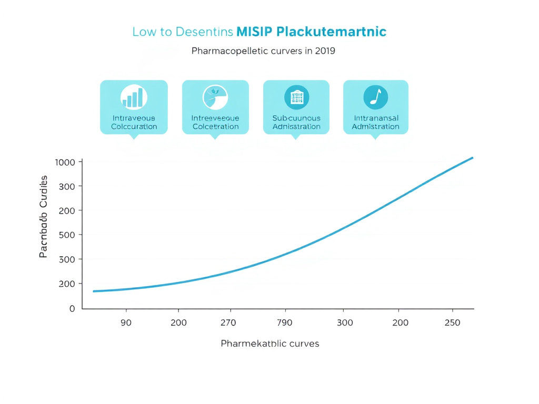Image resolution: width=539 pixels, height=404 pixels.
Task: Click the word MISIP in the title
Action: (254, 32)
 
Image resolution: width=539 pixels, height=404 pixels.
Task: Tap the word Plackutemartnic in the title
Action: (331, 32)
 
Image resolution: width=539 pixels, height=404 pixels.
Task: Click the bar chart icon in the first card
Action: (134, 97)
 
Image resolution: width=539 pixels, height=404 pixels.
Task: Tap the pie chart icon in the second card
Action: (215, 97)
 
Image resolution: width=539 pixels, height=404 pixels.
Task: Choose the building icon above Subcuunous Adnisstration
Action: (296, 97)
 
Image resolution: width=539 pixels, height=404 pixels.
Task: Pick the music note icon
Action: (375, 97)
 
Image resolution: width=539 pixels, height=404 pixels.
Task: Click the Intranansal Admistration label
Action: (375, 123)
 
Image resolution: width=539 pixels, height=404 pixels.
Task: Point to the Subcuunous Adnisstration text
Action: (296, 123)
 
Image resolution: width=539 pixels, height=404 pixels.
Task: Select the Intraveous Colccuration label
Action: (134, 123)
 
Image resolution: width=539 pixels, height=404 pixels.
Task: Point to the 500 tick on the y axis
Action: (67, 235)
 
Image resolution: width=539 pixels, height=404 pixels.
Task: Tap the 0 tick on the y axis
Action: (72, 308)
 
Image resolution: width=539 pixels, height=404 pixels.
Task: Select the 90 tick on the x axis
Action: (126, 322)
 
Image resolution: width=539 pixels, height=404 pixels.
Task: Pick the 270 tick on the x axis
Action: (228, 322)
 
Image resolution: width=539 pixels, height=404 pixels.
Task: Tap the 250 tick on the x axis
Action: (453, 322)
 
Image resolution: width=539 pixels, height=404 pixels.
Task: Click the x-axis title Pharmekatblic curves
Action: (269, 344)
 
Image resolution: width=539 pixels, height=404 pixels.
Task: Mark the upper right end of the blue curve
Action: (472, 157)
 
